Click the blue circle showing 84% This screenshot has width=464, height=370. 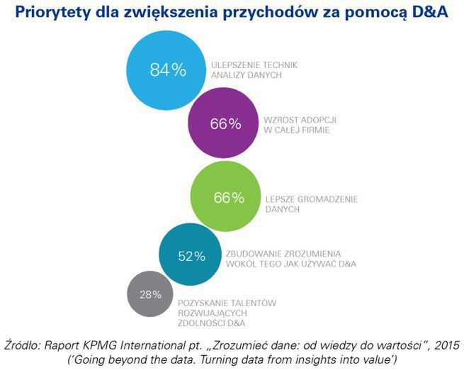pyautogui.click(x=167, y=69)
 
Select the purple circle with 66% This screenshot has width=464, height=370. pyautogui.click(x=226, y=123)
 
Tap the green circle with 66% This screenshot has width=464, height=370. pyautogui.click(x=228, y=197)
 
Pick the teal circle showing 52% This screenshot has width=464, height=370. pyautogui.click(x=191, y=256)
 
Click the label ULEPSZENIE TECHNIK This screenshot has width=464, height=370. pyautogui.click(x=254, y=65)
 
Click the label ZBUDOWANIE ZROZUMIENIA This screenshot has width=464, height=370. pyautogui.click(x=283, y=253)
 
